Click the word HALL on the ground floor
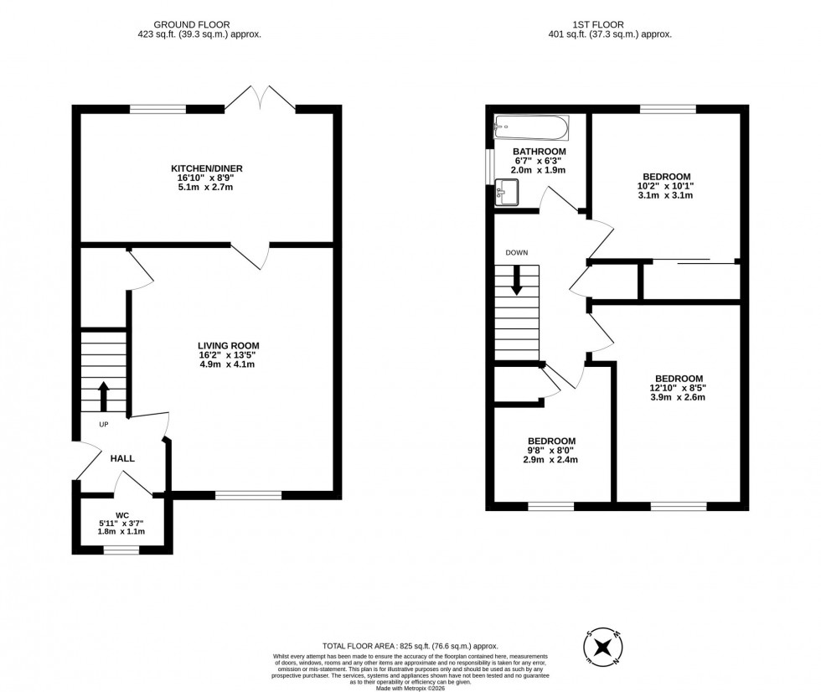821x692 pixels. click(x=121, y=458)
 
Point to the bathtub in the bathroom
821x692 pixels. click(x=531, y=129)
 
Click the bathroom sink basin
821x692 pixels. click(x=508, y=192)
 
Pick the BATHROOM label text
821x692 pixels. click(x=539, y=152)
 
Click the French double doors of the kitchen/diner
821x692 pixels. click(x=260, y=98)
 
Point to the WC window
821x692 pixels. click(x=121, y=550)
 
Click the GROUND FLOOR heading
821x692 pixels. click(x=199, y=25)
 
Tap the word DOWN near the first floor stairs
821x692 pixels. click(x=517, y=252)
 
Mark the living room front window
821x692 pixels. click(x=248, y=495)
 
